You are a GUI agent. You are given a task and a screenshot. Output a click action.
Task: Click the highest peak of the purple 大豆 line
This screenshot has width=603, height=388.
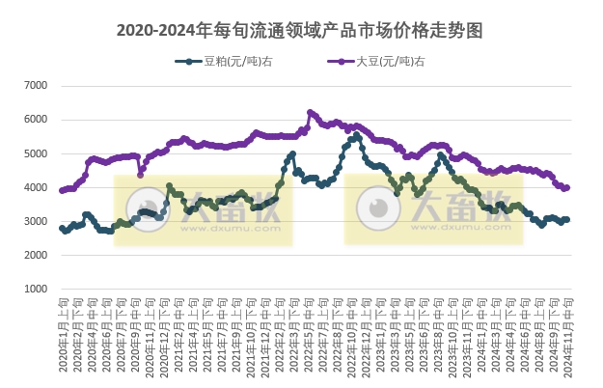click(310, 112)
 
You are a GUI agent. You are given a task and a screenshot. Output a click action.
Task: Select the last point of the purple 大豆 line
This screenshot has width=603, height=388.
click(567, 187)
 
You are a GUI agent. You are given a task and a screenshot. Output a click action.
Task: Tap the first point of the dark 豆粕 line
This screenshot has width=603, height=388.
click(62, 228)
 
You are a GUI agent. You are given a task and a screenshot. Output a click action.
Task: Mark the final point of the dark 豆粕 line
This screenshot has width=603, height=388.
click(567, 219)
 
